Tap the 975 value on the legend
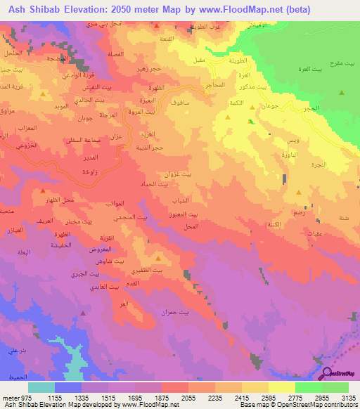point(20,398)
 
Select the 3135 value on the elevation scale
point(349,398)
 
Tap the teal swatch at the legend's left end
point(41,387)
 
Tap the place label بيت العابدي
point(88,289)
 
